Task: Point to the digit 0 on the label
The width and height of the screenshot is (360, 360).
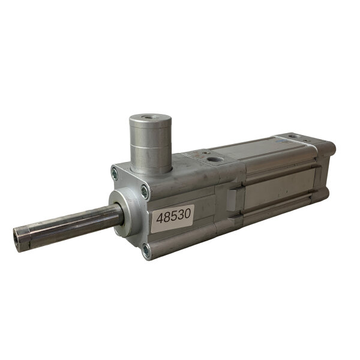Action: click(x=187, y=214)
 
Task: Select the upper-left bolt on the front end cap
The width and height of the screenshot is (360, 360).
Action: click(x=115, y=174)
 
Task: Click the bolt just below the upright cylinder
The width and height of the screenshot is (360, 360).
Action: click(x=145, y=191)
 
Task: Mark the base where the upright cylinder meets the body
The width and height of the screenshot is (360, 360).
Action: click(x=152, y=170)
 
